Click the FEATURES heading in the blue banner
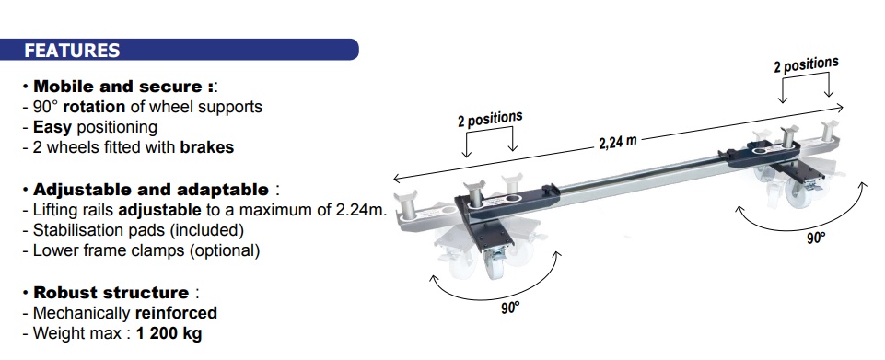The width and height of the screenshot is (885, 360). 72,51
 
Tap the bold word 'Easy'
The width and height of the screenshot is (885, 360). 52,128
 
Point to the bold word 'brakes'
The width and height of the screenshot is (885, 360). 206,148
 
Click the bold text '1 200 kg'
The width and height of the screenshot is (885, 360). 169,333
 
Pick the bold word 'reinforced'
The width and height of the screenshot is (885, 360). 176,313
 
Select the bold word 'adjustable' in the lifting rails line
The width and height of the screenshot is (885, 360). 159,210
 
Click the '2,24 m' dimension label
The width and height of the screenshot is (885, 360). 617,142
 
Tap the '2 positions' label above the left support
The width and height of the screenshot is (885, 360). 490,119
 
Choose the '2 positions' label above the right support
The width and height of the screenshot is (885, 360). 806,64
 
